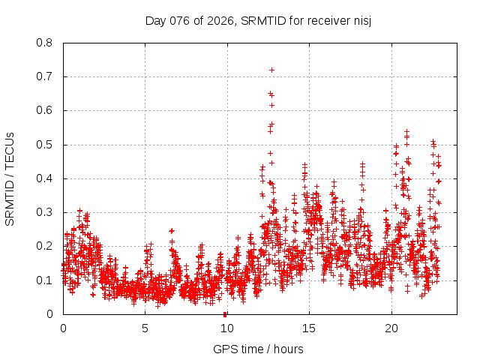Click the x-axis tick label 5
coord(145,328)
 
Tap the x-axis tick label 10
coord(227,328)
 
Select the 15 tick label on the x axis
coord(309,328)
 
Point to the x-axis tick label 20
coord(391,328)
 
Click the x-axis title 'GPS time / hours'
coord(258,349)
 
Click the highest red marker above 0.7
coord(271,70)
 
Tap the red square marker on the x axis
coord(225,313)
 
